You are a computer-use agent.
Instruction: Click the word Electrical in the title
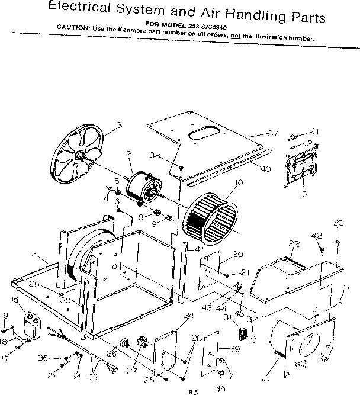(85, 7)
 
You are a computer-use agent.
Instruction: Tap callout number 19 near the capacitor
(4, 315)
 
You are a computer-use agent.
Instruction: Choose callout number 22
(294, 244)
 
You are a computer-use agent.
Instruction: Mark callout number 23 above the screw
(338, 223)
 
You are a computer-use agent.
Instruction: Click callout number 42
(317, 236)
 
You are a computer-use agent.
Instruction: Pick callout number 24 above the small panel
(189, 316)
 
